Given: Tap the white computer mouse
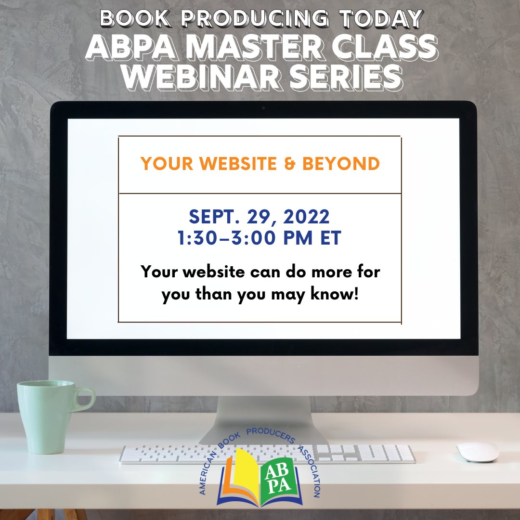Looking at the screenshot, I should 478,452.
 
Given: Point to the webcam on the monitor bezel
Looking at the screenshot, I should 263,108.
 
